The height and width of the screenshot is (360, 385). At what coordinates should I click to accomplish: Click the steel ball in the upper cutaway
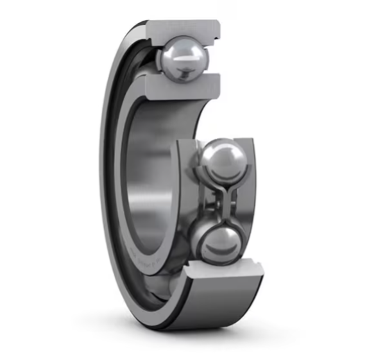tap(185, 57)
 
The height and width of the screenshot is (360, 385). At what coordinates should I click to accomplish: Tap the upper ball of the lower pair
tap(222, 158)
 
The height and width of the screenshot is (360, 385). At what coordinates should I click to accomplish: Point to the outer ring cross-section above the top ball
tap(183, 29)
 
